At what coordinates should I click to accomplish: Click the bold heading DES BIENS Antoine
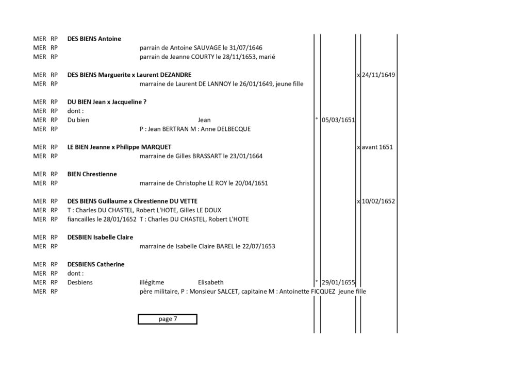click(x=94, y=39)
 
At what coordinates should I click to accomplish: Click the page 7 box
click(x=168, y=319)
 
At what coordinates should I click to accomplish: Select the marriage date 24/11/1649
click(x=378, y=75)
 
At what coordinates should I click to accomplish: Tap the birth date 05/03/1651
click(x=338, y=120)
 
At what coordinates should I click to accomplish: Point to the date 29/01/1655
click(x=338, y=282)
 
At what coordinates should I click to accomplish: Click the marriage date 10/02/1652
click(x=378, y=201)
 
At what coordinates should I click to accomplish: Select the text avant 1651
click(x=377, y=147)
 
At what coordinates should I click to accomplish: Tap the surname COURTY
click(x=202, y=57)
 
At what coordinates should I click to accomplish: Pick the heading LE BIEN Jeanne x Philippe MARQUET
click(x=119, y=147)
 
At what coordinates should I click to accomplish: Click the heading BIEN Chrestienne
click(x=92, y=174)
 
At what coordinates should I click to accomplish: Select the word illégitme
click(x=152, y=282)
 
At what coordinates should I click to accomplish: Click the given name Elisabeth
click(x=210, y=282)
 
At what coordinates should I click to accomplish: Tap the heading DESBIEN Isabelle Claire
click(x=100, y=237)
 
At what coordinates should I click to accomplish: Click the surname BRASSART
click(x=207, y=156)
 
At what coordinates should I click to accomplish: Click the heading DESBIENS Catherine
click(x=95, y=264)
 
